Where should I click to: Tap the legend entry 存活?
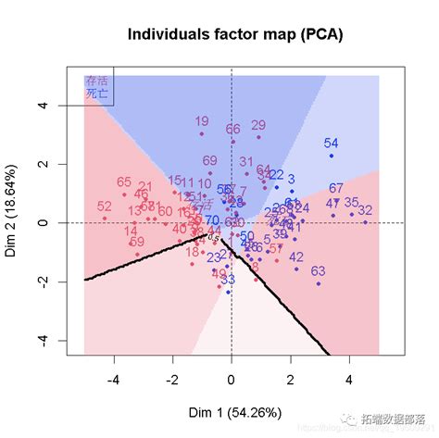(x=96, y=81)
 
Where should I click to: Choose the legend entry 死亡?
(x=96, y=93)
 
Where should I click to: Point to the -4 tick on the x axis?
(x=114, y=379)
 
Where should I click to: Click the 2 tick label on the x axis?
(x=290, y=379)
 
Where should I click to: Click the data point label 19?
(x=202, y=122)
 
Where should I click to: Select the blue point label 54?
(x=331, y=143)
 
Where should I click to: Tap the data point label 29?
(x=258, y=125)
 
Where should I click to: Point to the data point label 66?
(x=232, y=129)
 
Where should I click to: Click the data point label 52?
(x=104, y=206)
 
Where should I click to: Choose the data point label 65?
(x=124, y=182)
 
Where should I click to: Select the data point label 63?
(x=318, y=271)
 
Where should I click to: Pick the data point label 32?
(x=365, y=210)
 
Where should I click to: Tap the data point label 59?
(x=137, y=242)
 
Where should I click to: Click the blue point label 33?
(x=228, y=279)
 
